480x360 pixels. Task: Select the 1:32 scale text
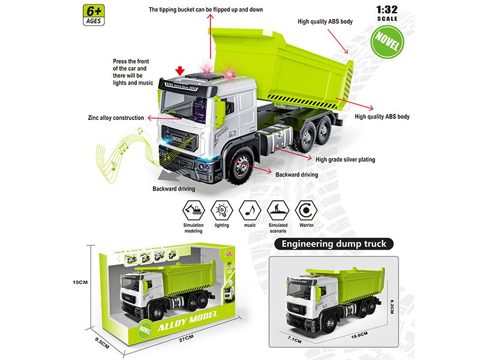pos(388,10)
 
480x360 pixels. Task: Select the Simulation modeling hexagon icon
pos(193,211)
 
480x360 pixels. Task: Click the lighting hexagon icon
pos(221,211)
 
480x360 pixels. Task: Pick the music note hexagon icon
pos(250,211)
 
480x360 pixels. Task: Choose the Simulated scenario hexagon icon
pos(278,211)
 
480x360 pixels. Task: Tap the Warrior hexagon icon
pos(306,211)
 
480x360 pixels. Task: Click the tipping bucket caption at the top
pos(206,10)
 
